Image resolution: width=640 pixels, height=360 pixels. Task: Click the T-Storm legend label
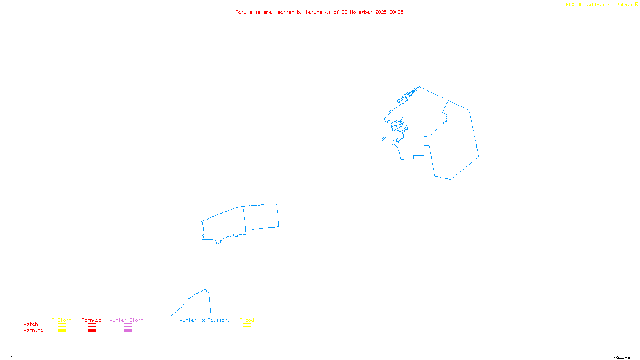62,320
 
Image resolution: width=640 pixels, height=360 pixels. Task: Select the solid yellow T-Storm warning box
62,331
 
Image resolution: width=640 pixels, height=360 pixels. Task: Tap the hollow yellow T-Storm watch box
62,325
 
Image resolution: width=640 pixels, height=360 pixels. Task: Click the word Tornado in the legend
92,320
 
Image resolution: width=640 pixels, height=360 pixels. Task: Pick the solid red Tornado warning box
92,331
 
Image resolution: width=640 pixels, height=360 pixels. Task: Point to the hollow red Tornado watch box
92,325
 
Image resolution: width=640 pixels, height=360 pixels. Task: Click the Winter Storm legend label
126,320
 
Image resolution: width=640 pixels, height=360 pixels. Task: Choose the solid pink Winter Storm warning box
128,331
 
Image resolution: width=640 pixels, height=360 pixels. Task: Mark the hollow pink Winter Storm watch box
128,325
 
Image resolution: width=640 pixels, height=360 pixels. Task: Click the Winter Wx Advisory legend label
205,320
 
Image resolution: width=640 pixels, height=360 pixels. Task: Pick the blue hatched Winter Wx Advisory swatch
204,331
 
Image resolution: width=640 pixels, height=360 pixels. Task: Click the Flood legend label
247,320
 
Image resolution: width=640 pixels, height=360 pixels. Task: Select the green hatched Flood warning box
247,331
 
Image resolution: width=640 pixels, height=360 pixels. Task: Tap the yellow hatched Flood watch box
247,325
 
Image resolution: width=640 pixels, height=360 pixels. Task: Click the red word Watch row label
31,324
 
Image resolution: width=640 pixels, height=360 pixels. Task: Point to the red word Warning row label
34,330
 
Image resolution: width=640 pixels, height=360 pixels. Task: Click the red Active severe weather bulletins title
319,12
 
